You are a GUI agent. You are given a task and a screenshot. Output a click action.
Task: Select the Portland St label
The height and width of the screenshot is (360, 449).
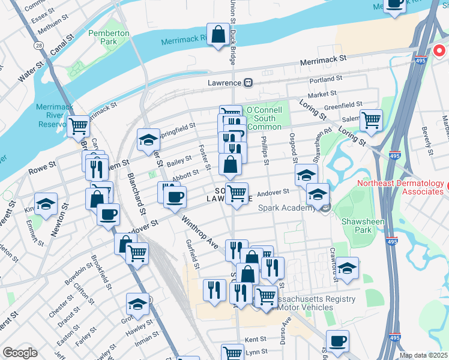click(326, 79)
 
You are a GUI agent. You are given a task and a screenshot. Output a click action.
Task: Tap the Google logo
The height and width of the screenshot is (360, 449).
click(20, 353)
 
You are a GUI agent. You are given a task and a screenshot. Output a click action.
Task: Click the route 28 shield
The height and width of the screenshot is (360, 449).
click(38, 46)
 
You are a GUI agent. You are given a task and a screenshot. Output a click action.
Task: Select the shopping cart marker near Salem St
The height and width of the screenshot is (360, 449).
click(371, 120)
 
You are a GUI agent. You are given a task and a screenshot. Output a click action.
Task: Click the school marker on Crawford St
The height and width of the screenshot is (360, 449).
click(347, 269)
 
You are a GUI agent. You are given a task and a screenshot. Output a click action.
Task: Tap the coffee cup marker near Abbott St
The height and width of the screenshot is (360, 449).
click(175, 197)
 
